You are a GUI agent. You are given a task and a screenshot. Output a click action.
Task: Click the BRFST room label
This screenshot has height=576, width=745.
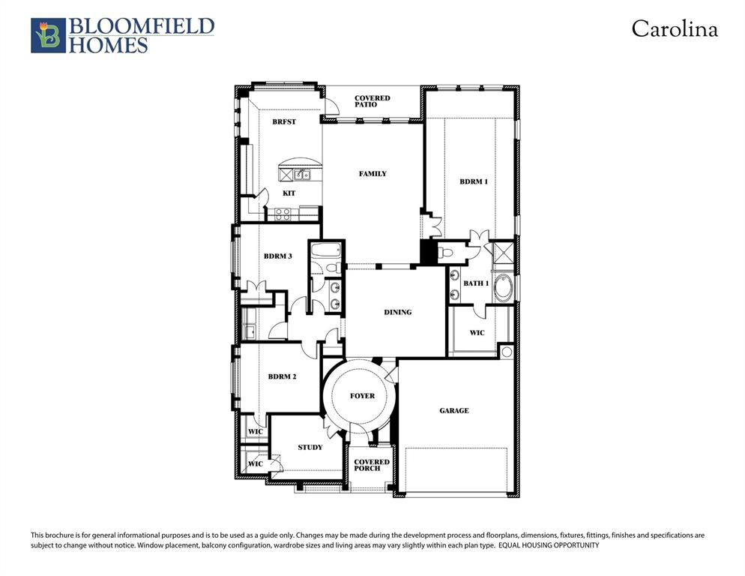(284, 121)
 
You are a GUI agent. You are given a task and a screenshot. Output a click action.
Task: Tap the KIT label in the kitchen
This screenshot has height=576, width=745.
(289, 193)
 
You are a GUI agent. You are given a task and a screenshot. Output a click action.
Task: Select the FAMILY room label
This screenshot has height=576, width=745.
(372, 174)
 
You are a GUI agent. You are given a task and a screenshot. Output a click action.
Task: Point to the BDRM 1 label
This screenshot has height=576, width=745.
(474, 181)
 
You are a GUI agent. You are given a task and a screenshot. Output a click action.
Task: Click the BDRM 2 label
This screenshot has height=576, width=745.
(282, 376)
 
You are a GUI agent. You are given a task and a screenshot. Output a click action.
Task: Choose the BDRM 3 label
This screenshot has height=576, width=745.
(277, 256)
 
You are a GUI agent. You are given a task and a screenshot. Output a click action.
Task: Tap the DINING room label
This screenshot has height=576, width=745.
(397, 312)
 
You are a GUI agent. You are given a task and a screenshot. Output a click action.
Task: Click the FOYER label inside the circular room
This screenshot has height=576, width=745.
(363, 396)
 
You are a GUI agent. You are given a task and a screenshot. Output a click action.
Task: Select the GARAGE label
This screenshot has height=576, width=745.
(454, 410)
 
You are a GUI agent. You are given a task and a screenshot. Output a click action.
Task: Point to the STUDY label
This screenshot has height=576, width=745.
(310, 448)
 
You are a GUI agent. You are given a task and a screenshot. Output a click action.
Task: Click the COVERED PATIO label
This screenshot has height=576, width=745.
(372, 101)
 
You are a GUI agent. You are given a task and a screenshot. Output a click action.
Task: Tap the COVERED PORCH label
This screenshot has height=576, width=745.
(372, 465)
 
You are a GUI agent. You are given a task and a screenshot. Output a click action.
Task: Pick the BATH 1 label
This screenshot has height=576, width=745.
(476, 283)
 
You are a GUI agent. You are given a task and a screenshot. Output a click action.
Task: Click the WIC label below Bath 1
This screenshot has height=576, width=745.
(477, 333)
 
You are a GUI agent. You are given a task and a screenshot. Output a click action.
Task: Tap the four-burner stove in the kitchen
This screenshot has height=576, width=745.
(283, 213)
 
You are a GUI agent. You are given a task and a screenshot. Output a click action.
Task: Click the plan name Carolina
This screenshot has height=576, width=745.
(674, 29)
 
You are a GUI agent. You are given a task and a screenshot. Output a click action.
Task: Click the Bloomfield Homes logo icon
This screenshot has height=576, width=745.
(48, 35)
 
